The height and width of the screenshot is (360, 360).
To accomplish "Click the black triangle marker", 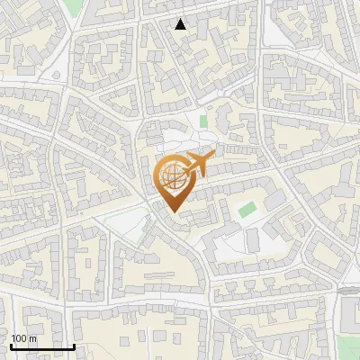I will (181, 24).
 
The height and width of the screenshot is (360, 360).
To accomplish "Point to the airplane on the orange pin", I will (195, 165).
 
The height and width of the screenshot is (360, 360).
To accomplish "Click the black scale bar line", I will (42, 346).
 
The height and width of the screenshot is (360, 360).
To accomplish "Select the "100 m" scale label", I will (23, 338).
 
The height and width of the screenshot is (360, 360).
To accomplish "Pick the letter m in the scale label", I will (32, 338).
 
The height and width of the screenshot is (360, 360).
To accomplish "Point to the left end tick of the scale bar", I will (11, 345).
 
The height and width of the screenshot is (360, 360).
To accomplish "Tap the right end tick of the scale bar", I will (74, 345).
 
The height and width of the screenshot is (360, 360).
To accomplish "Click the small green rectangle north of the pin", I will (203, 121).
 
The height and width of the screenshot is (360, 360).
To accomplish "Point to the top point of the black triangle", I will (181, 19).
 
